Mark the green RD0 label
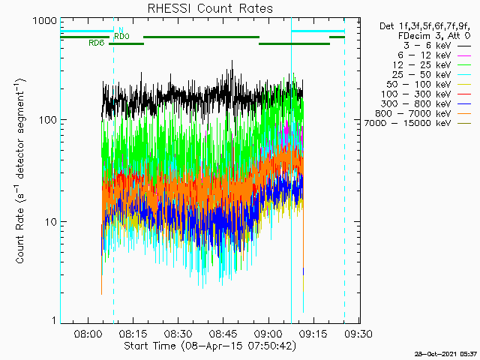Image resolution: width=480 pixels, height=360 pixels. click(121, 36)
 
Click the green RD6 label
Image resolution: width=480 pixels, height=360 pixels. click(96, 43)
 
